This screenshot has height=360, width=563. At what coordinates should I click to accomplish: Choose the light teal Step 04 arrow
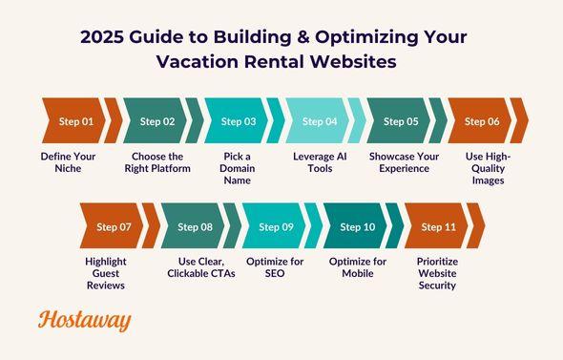319,121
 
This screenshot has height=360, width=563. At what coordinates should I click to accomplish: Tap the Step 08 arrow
195,226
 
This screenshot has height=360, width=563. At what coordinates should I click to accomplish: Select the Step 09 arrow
276,226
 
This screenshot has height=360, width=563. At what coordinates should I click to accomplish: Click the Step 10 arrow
357,226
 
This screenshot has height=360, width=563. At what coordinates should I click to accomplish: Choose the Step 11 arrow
438,226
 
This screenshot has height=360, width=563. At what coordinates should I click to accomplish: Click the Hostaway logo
85,321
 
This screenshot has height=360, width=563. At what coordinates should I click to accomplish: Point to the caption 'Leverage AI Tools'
319,161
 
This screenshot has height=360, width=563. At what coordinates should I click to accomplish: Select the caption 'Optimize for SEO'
276,267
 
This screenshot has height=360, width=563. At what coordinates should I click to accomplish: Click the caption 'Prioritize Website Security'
438,273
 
